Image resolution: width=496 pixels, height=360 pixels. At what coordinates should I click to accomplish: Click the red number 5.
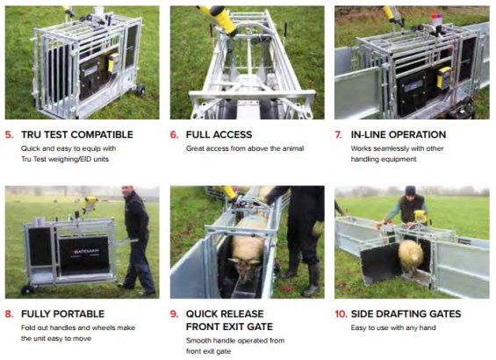[9, 134]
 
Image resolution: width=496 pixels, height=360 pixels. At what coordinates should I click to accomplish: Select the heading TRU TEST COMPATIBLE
[77, 134]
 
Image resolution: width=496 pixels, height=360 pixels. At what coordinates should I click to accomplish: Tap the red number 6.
[175, 134]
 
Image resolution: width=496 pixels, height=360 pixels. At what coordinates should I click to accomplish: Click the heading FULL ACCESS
[219, 134]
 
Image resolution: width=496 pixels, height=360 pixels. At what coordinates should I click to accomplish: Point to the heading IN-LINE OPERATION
[399, 134]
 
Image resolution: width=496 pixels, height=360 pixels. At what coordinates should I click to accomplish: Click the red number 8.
[9, 314]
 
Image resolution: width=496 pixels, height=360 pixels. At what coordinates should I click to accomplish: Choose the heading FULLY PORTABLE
[62, 314]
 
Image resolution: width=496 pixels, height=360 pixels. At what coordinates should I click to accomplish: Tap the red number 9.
[175, 314]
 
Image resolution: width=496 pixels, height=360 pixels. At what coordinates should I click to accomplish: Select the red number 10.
[341, 314]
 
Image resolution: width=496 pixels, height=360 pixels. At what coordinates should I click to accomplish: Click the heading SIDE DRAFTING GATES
[406, 314]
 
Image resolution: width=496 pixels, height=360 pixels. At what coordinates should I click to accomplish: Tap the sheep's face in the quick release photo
[246, 269]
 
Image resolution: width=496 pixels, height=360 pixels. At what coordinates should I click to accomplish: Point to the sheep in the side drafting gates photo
[411, 257]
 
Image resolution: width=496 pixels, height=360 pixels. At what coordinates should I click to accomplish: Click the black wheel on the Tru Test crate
[140, 90]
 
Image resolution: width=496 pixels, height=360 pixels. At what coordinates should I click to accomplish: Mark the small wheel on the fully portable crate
[27, 290]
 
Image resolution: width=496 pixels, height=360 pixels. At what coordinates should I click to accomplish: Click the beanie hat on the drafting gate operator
[410, 191]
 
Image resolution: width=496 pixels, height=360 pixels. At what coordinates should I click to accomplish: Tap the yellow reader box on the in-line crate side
[443, 77]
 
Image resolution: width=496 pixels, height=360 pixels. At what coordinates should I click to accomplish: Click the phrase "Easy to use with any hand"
[393, 328]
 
